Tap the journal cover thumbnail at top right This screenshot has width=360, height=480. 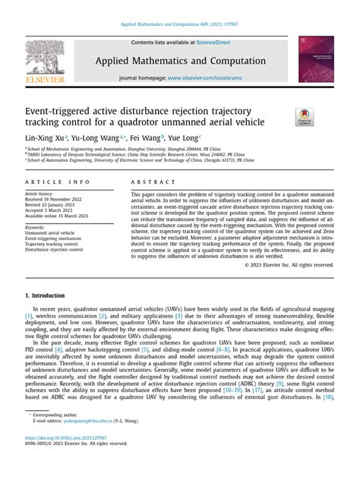pyautogui.click(x=315, y=60)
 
